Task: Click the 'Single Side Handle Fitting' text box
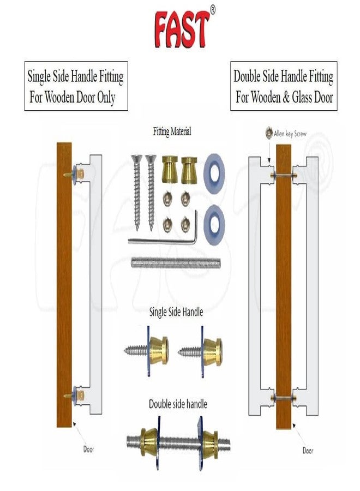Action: (76, 86)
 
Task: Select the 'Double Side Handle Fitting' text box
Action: (284, 86)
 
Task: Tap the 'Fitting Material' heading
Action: (172, 132)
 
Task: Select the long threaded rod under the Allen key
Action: (176, 263)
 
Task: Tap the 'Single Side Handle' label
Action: (176, 312)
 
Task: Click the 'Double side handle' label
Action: (178, 404)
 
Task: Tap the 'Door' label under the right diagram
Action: (308, 451)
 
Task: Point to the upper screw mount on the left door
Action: (75, 174)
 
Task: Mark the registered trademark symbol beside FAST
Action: (213, 9)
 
